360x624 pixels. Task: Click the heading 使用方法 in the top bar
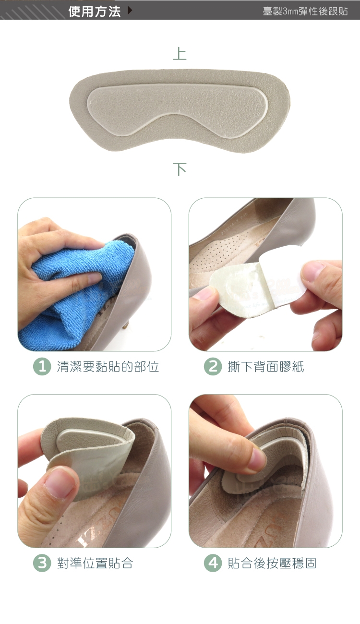[x=94, y=12]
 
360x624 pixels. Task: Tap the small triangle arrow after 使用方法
[x=130, y=11]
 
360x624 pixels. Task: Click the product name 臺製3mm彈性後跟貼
[x=305, y=11]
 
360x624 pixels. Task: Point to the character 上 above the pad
[x=180, y=54]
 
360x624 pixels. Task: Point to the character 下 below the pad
[x=180, y=169]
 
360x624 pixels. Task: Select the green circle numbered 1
[x=42, y=366]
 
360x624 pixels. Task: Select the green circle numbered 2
[x=213, y=366]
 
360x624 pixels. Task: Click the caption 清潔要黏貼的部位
[x=108, y=367]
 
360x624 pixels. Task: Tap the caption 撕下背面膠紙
[x=265, y=367]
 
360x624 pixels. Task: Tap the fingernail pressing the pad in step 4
[x=257, y=458]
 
